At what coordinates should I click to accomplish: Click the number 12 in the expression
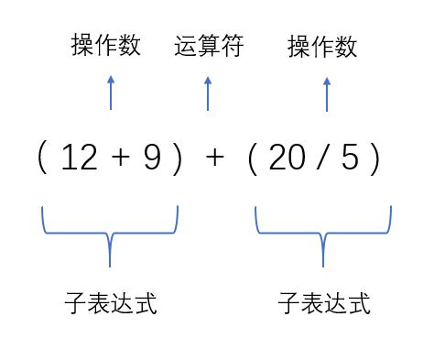(78, 159)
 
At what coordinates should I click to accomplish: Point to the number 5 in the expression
(350, 159)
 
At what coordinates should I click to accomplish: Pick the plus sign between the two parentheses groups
(214, 159)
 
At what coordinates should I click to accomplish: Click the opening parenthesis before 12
(42, 159)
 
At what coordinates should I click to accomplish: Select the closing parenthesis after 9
(179, 159)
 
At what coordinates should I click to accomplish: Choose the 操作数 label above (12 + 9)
(106, 47)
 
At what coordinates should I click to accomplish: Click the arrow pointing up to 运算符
(208, 93)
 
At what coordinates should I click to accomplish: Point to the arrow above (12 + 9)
(111, 93)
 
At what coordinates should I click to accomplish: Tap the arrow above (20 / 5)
(327, 93)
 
